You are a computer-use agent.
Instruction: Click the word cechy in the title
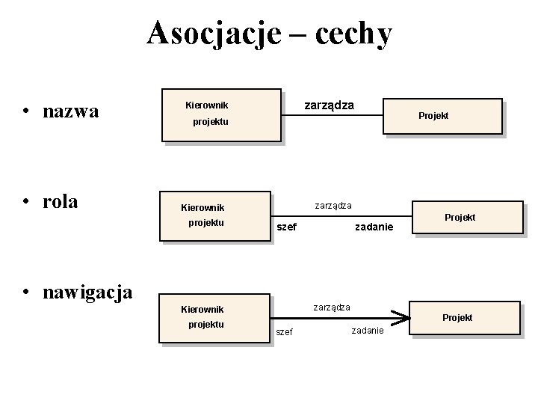[353, 33]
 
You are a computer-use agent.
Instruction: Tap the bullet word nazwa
[71, 112]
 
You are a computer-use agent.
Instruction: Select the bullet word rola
[61, 202]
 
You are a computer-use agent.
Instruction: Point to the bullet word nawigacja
[88, 291]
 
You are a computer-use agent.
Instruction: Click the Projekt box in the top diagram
[442, 116]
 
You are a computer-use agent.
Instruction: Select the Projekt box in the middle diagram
[469, 218]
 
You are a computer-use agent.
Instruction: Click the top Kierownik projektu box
[220, 118]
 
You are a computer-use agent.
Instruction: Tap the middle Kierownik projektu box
[215, 220]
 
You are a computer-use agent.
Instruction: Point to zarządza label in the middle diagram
[333, 205]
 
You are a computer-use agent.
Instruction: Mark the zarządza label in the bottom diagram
[332, 307]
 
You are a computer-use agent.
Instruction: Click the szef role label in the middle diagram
[286, 227]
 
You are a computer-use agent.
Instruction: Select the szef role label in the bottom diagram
[285, 331]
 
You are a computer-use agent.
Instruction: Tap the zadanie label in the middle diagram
[374, 227]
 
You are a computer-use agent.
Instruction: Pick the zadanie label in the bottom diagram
[367, 331]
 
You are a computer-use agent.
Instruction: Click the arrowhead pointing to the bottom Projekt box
[403, 319]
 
